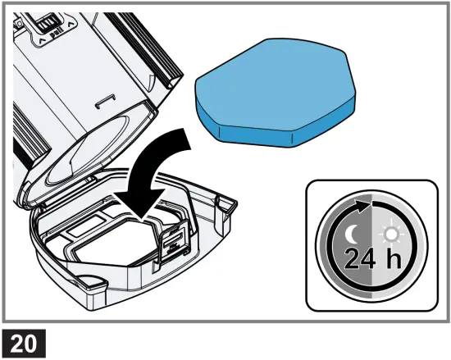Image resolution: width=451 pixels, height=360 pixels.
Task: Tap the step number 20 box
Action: click(22, 341)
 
